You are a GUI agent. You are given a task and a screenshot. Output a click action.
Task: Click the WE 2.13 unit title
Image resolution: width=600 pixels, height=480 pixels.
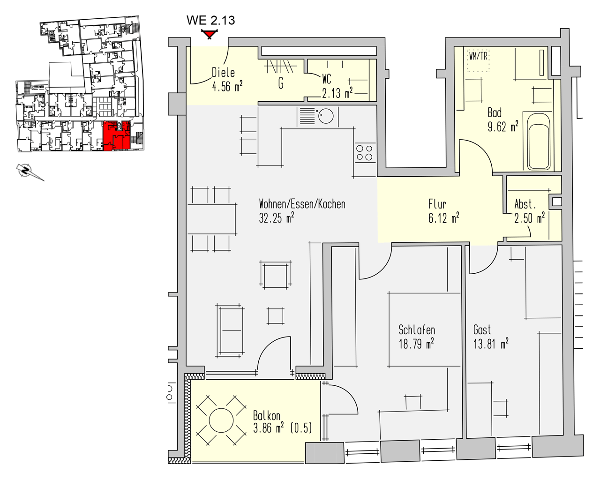[210, 20]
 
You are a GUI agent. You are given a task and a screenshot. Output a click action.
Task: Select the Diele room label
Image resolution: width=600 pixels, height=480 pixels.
[223, 73]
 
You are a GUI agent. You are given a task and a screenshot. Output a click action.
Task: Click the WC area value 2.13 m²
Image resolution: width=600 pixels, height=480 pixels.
[337, 93]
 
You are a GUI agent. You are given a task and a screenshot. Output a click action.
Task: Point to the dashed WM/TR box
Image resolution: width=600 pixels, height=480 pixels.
[478, 61]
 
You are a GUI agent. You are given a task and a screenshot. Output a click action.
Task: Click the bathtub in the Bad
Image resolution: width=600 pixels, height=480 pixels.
[539, 142]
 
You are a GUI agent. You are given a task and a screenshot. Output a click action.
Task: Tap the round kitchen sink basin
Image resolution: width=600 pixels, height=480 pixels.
[326, 116]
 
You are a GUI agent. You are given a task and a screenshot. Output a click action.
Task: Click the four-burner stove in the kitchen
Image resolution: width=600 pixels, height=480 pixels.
[364, 152]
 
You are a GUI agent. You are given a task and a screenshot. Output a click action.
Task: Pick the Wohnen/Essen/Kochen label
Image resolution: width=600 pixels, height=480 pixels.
[302, 204]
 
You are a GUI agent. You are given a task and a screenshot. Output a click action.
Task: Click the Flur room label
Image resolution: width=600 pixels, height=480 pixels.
[437, 204]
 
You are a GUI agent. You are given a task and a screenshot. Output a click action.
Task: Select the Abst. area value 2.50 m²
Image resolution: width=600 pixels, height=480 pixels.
[530, 218]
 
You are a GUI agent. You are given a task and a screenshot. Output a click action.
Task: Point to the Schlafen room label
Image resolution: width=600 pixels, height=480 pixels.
[417, 330]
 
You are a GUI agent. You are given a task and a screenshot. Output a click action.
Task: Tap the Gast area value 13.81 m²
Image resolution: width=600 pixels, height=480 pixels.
[491, 344]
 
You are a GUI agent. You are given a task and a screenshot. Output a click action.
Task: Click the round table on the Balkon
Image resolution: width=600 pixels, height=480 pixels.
[221, 420]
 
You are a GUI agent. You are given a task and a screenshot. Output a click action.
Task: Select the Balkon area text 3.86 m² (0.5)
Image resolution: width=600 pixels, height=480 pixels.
[283, 428]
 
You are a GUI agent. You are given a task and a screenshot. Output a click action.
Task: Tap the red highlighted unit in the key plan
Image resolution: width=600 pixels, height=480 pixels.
[117, 136]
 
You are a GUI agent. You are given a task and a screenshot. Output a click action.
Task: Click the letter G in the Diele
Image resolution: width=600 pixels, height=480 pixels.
[281, 83]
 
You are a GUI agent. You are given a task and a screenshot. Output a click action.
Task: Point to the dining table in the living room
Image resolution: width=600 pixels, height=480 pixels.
[211, 219]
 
